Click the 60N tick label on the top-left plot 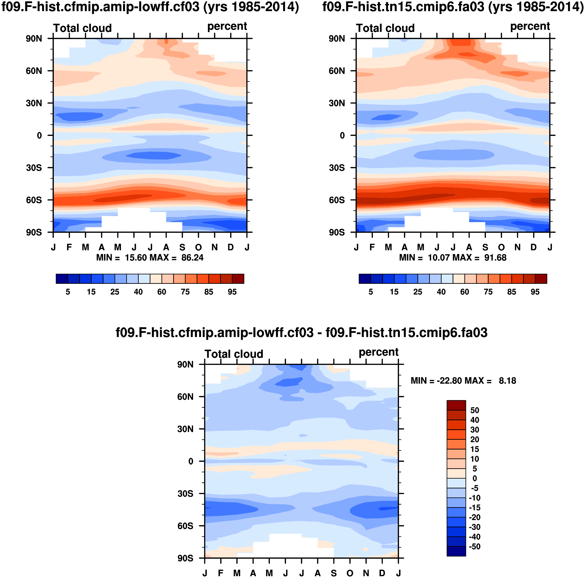click(34, 71)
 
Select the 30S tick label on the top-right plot click(337, 168)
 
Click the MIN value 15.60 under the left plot click(136, 258)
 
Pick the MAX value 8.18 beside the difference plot click(507, 381)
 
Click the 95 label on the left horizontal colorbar click(232, 292)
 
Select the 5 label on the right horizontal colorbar click(371, 292)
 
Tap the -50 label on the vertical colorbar click(474, 547)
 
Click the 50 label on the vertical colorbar click(474, 410)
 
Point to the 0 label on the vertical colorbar click(474, 479)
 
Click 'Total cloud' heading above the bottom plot click(234, 354)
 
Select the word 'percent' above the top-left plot click(227, 26)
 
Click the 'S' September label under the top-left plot click(182, 248)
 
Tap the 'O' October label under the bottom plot click(350, 573)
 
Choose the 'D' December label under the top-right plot click(534, 248)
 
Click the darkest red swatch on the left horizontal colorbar click(238, 279)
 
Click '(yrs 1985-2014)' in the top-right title click(536, 7)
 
